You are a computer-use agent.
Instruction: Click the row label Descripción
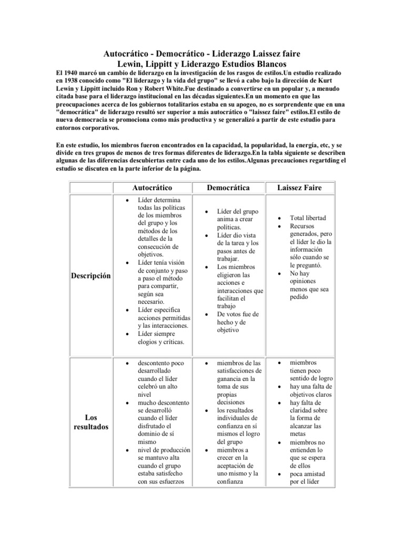pos(91,275)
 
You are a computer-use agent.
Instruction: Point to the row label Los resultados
pos(91,422)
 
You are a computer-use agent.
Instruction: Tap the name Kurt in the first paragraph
pos(339,80)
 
